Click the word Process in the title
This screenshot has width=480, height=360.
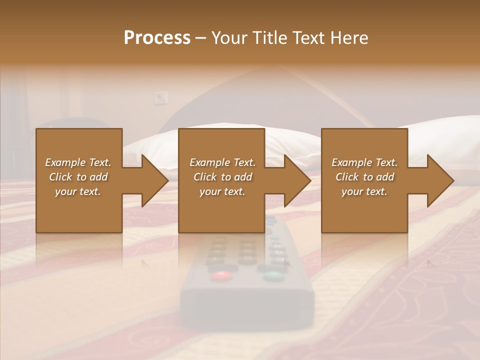pyautogui.click(x=157, y=38)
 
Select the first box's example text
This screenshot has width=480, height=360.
pyautogui.click(x=78, y=177)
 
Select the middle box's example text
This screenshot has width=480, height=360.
pyautogui.click(x=222, y=177)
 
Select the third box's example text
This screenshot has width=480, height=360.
pyautogui.click(x=364, y=177)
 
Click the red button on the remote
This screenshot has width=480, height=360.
pyautogui.click(x=220, y=275)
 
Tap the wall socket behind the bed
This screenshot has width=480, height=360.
pyautogui.click(x=160, y=98)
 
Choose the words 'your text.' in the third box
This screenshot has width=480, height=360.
pyautogui.click(x=364, y=191)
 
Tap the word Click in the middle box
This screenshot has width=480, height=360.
pyautogui.click(x=204, y=177)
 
